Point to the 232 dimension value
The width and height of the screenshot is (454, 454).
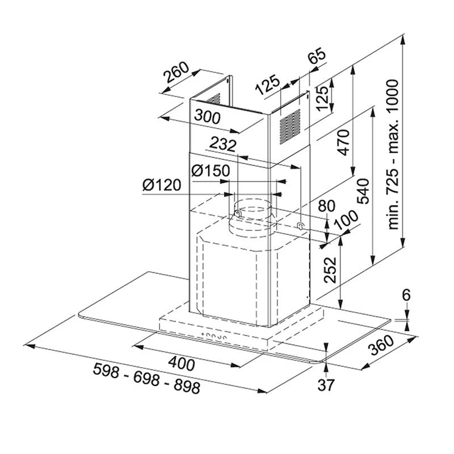(222, 145)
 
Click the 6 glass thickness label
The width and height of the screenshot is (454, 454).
(406, 295)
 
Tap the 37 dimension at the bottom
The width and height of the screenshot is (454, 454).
(326, 385)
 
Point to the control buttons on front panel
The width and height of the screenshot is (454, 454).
(212, 338)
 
